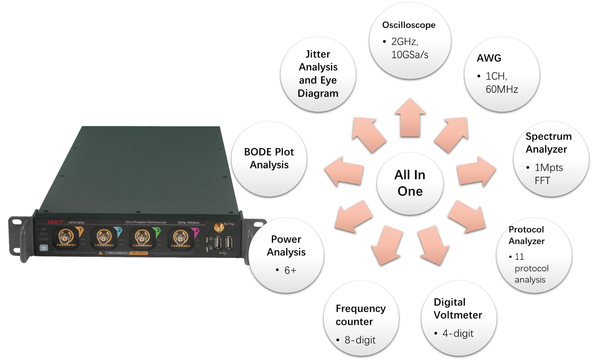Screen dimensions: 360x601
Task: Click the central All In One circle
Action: point(410,183)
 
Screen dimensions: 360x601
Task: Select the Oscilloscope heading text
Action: point(409,25)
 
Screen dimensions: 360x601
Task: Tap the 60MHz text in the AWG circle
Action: point(501,89)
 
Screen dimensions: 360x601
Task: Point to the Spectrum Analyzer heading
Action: point(548,143)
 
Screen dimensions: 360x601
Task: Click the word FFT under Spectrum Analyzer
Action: point(542,181)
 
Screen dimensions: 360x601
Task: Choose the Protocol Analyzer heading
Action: point(527,235)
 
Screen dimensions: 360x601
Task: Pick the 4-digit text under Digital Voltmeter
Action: point(458,333)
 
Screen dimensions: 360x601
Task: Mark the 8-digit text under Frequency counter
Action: point(360,340)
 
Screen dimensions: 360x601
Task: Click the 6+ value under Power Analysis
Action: point(290,271)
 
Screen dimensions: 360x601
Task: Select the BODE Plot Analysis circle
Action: point(269,158)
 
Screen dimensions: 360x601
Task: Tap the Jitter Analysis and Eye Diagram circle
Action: point(318,74)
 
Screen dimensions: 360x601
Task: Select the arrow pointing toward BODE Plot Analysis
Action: point(344,171)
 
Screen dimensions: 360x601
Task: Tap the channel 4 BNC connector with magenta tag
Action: point(180,237)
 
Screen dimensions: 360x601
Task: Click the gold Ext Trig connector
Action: point(218,227)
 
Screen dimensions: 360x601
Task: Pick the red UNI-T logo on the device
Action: point(56,222)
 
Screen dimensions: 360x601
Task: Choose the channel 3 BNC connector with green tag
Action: point(142,237)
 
